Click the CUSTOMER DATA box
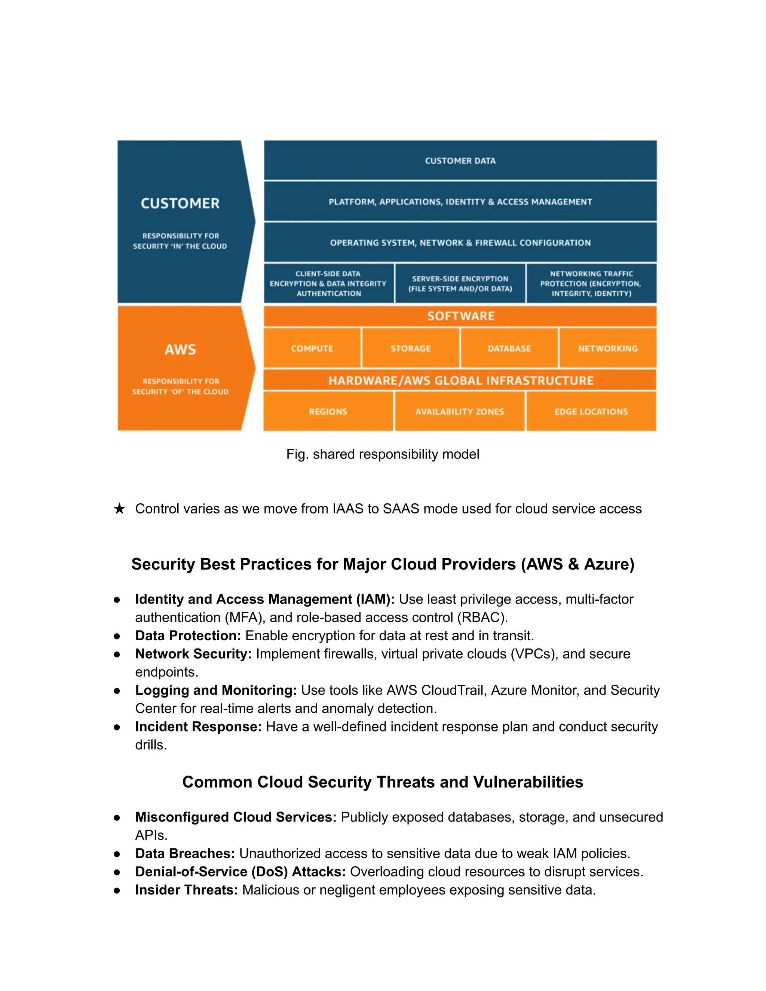click(460, 161)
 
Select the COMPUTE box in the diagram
click(312, 348)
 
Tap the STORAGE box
click(411, 348)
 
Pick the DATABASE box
click(509, 348)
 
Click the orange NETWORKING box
click(608, 348)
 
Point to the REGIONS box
click(328, 411)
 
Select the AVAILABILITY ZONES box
click(459, 411)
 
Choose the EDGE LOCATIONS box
click(591, 411)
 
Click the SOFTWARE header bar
click(460, 316)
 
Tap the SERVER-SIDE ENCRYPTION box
click(460, 283)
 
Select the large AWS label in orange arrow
click(180, 349)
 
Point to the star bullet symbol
click(119, 509)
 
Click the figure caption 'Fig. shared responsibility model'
click(383, 454)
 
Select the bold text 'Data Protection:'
click(188, 636)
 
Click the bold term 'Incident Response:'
click(198, 727)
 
